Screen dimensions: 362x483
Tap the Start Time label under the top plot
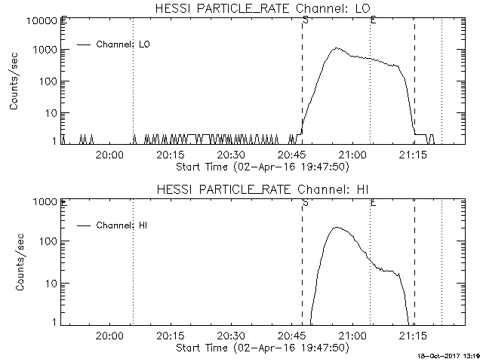(261, 167)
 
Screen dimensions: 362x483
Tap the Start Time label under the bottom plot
(261, 348)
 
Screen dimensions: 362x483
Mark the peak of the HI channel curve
(337, 227)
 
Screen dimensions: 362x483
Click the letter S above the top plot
(304, 18)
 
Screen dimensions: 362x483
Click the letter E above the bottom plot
(373, 202)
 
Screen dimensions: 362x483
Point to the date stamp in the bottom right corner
(451, 356)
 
